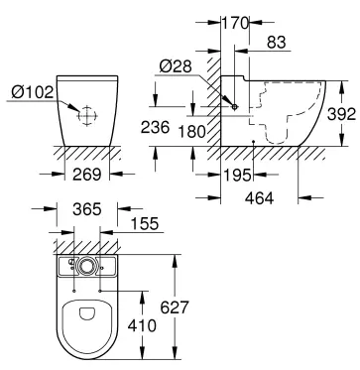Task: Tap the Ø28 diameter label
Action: (175, 67)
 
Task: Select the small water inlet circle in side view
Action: (234, 106)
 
